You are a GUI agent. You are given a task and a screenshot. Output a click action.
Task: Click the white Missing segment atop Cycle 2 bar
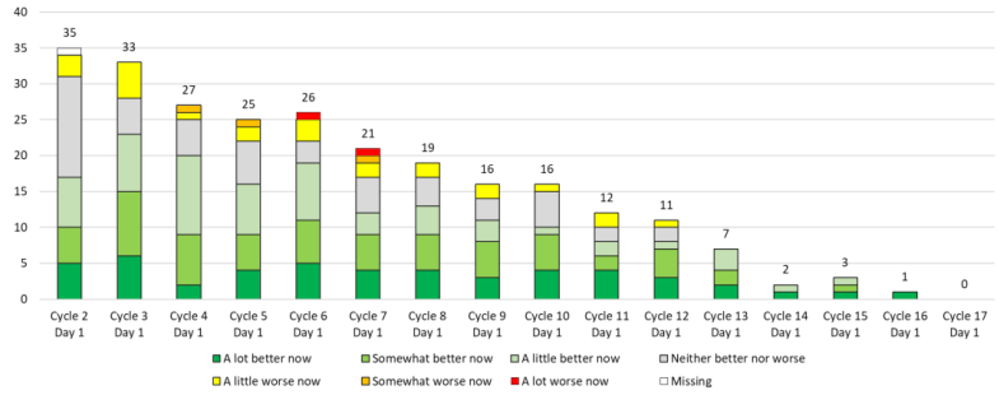click(69, 51)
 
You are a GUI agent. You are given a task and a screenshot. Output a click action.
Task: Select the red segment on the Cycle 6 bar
click(308, 116)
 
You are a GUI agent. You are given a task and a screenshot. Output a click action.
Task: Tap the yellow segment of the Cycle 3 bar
click(129, 80)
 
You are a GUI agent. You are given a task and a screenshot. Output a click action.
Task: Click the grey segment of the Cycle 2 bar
click(69, 127)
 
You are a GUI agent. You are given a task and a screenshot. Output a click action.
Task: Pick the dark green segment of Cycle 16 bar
click(904, 295)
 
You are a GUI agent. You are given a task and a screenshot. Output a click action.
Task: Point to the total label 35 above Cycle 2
click(69, 33)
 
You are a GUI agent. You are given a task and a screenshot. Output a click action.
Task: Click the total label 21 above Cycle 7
click(368, 134)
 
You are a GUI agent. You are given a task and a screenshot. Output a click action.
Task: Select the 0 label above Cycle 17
click(964, 284)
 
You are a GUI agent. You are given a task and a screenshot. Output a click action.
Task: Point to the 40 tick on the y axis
click(21, 12)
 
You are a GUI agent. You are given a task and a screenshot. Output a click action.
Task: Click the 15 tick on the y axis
click(21, 191)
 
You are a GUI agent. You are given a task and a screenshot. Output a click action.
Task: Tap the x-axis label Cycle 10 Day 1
click(546, 324)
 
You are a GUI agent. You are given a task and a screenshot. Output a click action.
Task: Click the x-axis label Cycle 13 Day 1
click(726, 324)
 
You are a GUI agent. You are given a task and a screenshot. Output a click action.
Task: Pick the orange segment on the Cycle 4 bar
click(189, 108)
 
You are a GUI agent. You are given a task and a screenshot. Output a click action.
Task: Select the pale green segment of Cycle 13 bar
click(726, 259)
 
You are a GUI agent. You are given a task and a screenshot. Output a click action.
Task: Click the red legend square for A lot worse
click(515, 381)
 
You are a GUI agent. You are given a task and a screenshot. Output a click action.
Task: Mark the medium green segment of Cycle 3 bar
click(129, 224)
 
